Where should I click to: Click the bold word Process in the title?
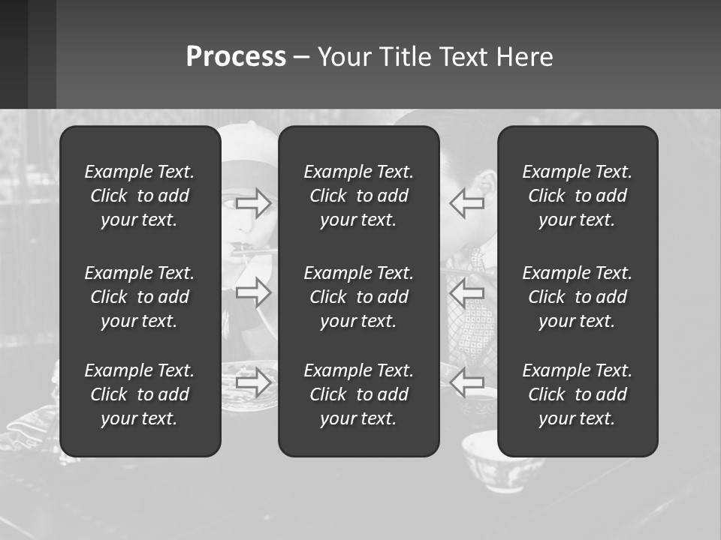click(x=236, y=57)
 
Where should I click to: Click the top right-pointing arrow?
click(x=254, y=202)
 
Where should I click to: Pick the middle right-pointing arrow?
click(x=254, y=292)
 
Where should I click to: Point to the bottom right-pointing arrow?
click(x=254, y=382)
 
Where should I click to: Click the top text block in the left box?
click(x=140, y=196)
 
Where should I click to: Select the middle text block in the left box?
click(x=140, y=297)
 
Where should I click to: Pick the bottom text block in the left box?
click(x=140, y=394)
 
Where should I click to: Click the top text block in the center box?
click(x=359, y=196)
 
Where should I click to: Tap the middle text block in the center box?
click(x=359, y=297)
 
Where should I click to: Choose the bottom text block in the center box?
click(x=359, y=394)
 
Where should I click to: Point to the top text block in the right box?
click(x=578, y=196)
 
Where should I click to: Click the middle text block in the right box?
click(x=578, y=297)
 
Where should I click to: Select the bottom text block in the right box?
click(x=578, y=394)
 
